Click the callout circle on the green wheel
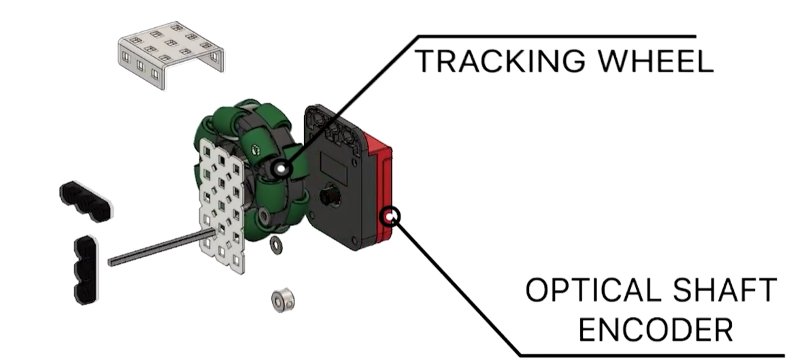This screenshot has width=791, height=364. (281, 167)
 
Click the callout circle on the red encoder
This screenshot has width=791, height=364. (391, 217)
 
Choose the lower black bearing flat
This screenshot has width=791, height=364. (85, 269)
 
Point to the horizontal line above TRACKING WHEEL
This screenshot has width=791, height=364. (558, 36)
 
